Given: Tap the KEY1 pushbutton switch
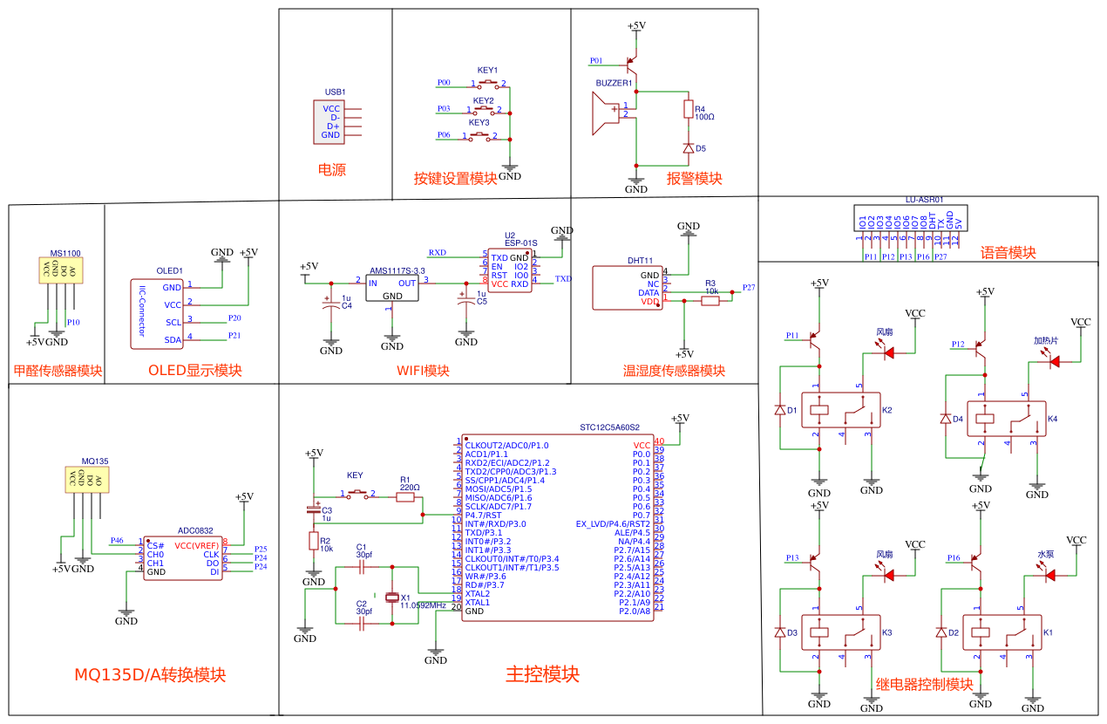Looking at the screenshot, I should (x=488, y=84).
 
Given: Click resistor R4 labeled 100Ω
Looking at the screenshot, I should (x=688, y=109).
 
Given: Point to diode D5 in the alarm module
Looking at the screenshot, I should (x=688, y=148).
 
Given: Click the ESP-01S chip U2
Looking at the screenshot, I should (x=510, y=270).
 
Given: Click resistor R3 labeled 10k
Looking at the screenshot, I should (x=710, y=301).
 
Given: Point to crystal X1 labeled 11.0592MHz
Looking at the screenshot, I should (x=392, y=597).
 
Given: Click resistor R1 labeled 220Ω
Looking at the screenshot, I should (x=405, y=497).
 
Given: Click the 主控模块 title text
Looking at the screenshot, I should (x=542, y=674).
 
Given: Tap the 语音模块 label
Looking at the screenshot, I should (x=1008, y=253).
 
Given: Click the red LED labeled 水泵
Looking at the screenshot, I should (x=1049, y=575).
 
